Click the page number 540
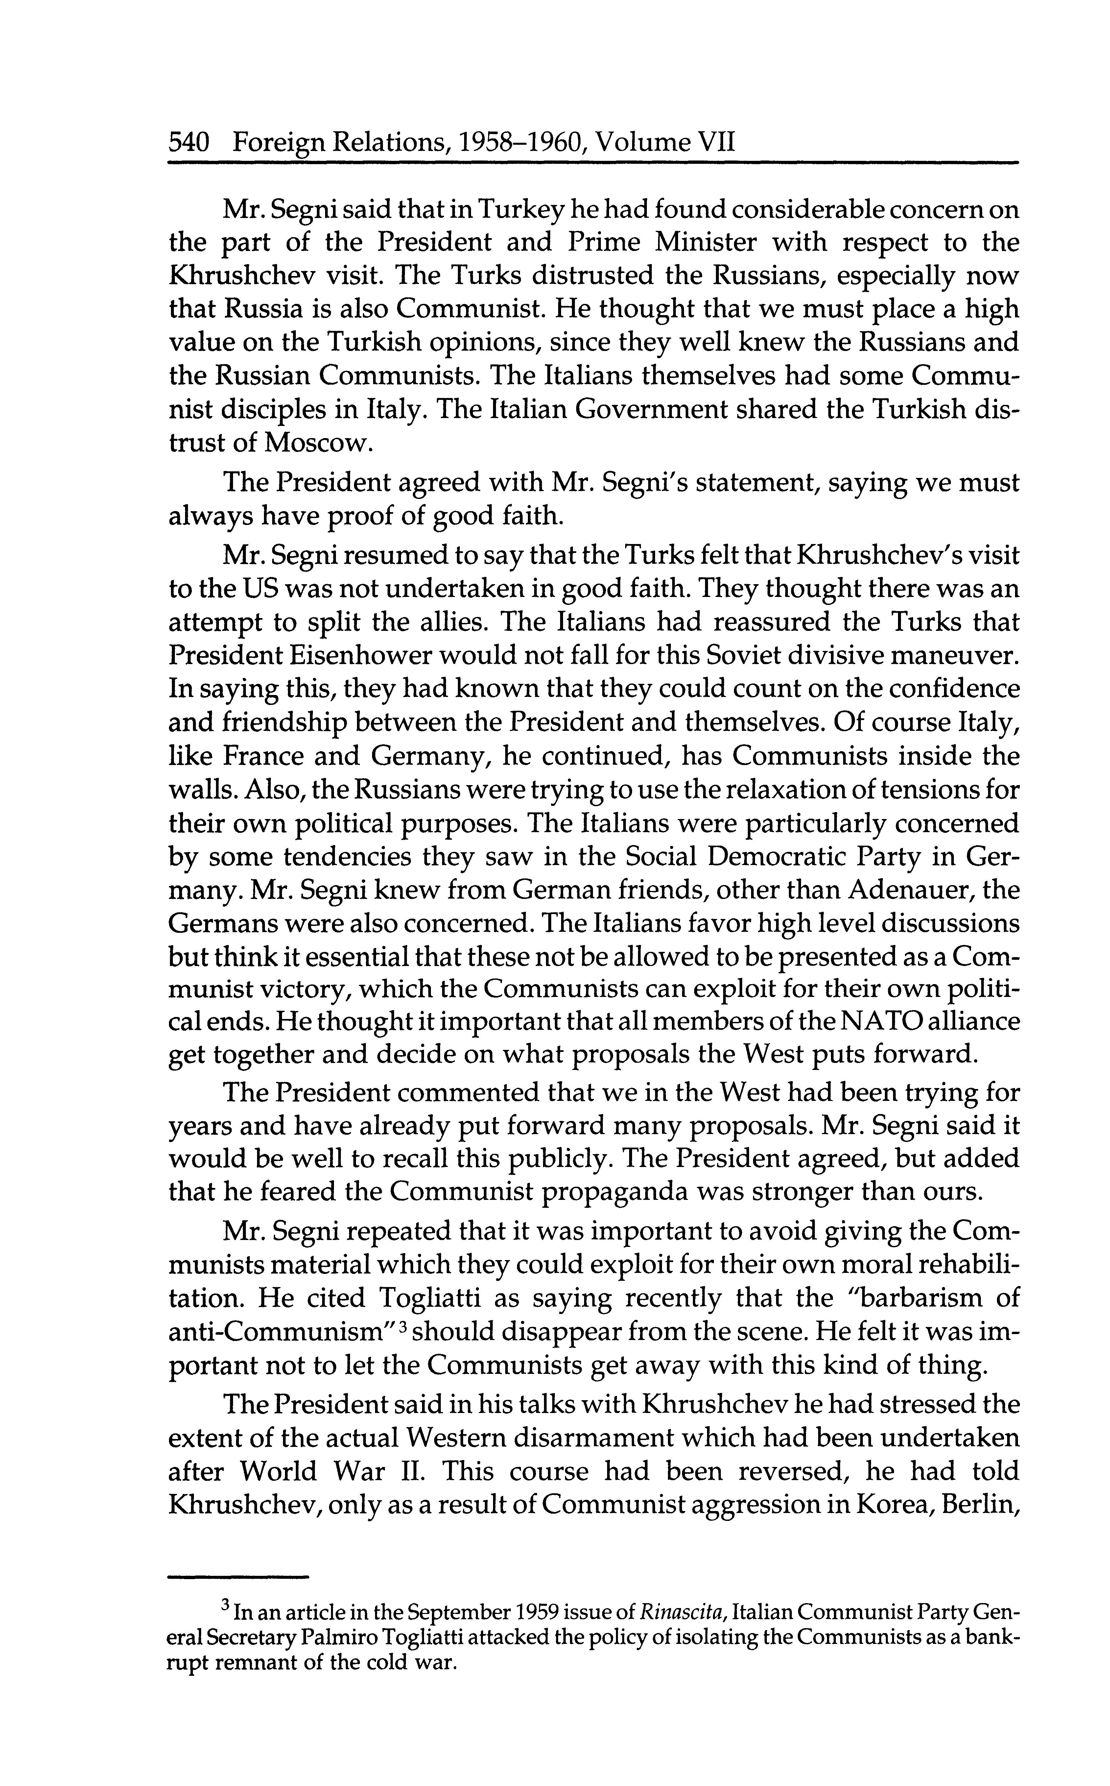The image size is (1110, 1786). tap(190, 141)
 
